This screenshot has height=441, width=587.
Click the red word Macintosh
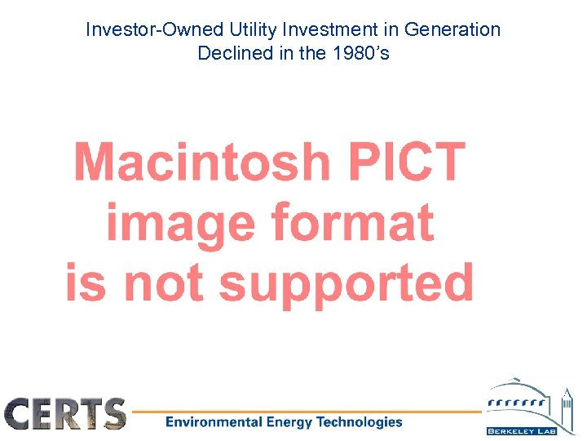pos(202,162)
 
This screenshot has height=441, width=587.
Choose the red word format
pos(351,221)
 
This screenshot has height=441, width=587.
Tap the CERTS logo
pos(65,414)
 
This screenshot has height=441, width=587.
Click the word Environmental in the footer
pos(211,422)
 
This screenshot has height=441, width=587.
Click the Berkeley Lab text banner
pos(522,430)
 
